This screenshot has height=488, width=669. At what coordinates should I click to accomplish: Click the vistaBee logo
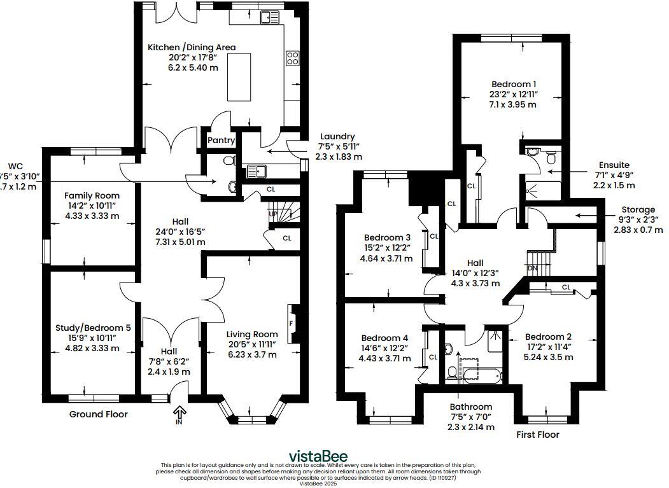pos(318,456)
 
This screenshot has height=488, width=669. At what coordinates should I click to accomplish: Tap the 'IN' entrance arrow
pos(179,415)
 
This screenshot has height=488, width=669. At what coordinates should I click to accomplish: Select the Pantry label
pos(222,140)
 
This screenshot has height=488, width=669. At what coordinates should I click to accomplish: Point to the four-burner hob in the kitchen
pos(293,59)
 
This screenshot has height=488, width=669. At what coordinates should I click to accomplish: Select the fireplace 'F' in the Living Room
pos(292,323)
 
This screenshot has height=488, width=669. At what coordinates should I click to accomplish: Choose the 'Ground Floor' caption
pos(98,414)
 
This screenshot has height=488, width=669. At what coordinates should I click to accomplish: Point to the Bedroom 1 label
pos(513,84)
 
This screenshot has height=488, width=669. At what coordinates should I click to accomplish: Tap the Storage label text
pos(638,209)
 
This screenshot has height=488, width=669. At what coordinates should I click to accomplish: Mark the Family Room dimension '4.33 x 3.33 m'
pos(92,216)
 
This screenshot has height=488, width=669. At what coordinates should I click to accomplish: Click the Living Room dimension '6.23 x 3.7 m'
pos(252,354)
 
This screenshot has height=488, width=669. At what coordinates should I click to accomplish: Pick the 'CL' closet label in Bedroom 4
pos(433,357)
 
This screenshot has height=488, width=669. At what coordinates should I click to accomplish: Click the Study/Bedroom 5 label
pos(93,328)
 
